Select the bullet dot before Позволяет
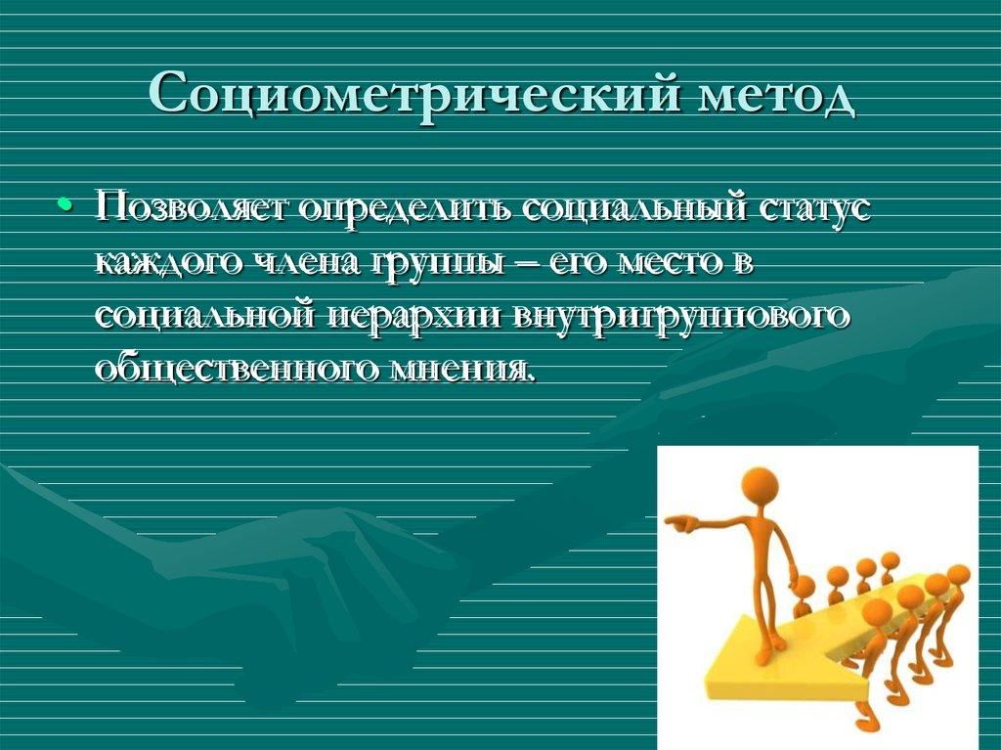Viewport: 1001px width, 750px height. click(x=65, y=206)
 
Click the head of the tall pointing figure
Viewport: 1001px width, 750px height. click(x=759, y=485)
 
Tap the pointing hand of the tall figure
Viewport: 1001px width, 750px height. click(x=675, y=522)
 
